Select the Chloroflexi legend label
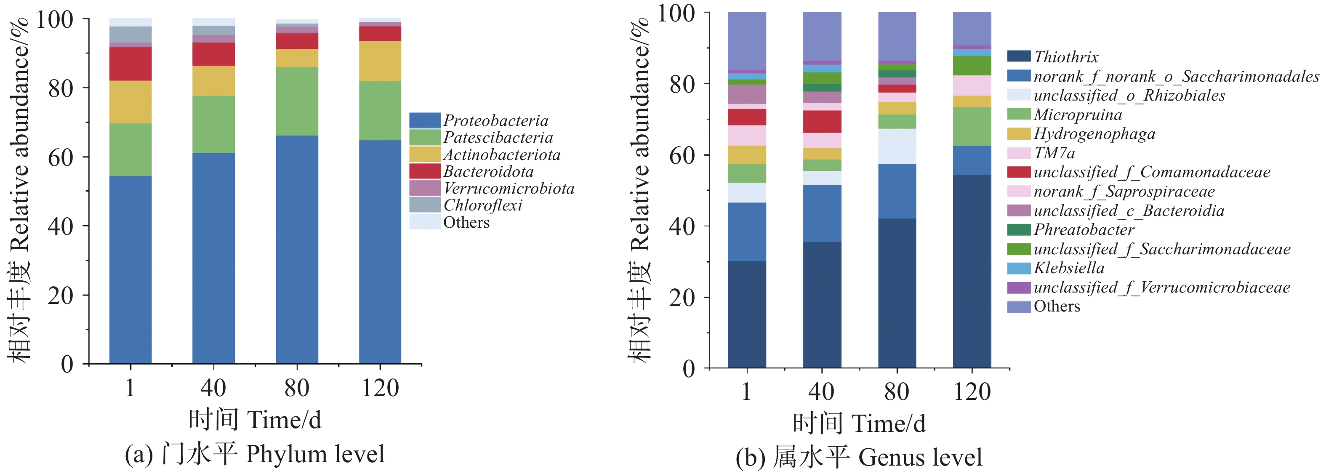(482, 205)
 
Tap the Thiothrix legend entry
(1065, 56)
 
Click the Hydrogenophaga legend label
(1094, 134)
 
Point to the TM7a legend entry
(1054, 153)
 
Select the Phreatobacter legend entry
(1084, 229)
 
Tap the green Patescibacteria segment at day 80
(297, 101)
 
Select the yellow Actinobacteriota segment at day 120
(380, 61)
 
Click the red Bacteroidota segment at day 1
(130, 64)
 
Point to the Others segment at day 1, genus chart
(746, 41)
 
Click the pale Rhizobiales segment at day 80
(897, 146)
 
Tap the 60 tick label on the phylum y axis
(61, 157)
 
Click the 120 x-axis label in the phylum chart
(380, 388)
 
